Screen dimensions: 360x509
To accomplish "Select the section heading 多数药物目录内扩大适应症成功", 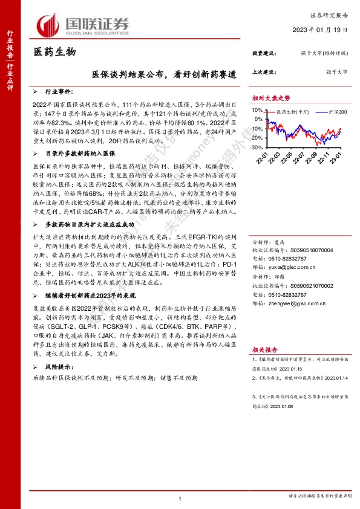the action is pyautogui.click(x=88, y=224).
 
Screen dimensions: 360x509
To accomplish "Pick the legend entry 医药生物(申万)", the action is pyautogui.click(x=292, y=111).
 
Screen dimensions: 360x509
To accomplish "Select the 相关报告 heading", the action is pyautogui.click(x=265, y=350).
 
